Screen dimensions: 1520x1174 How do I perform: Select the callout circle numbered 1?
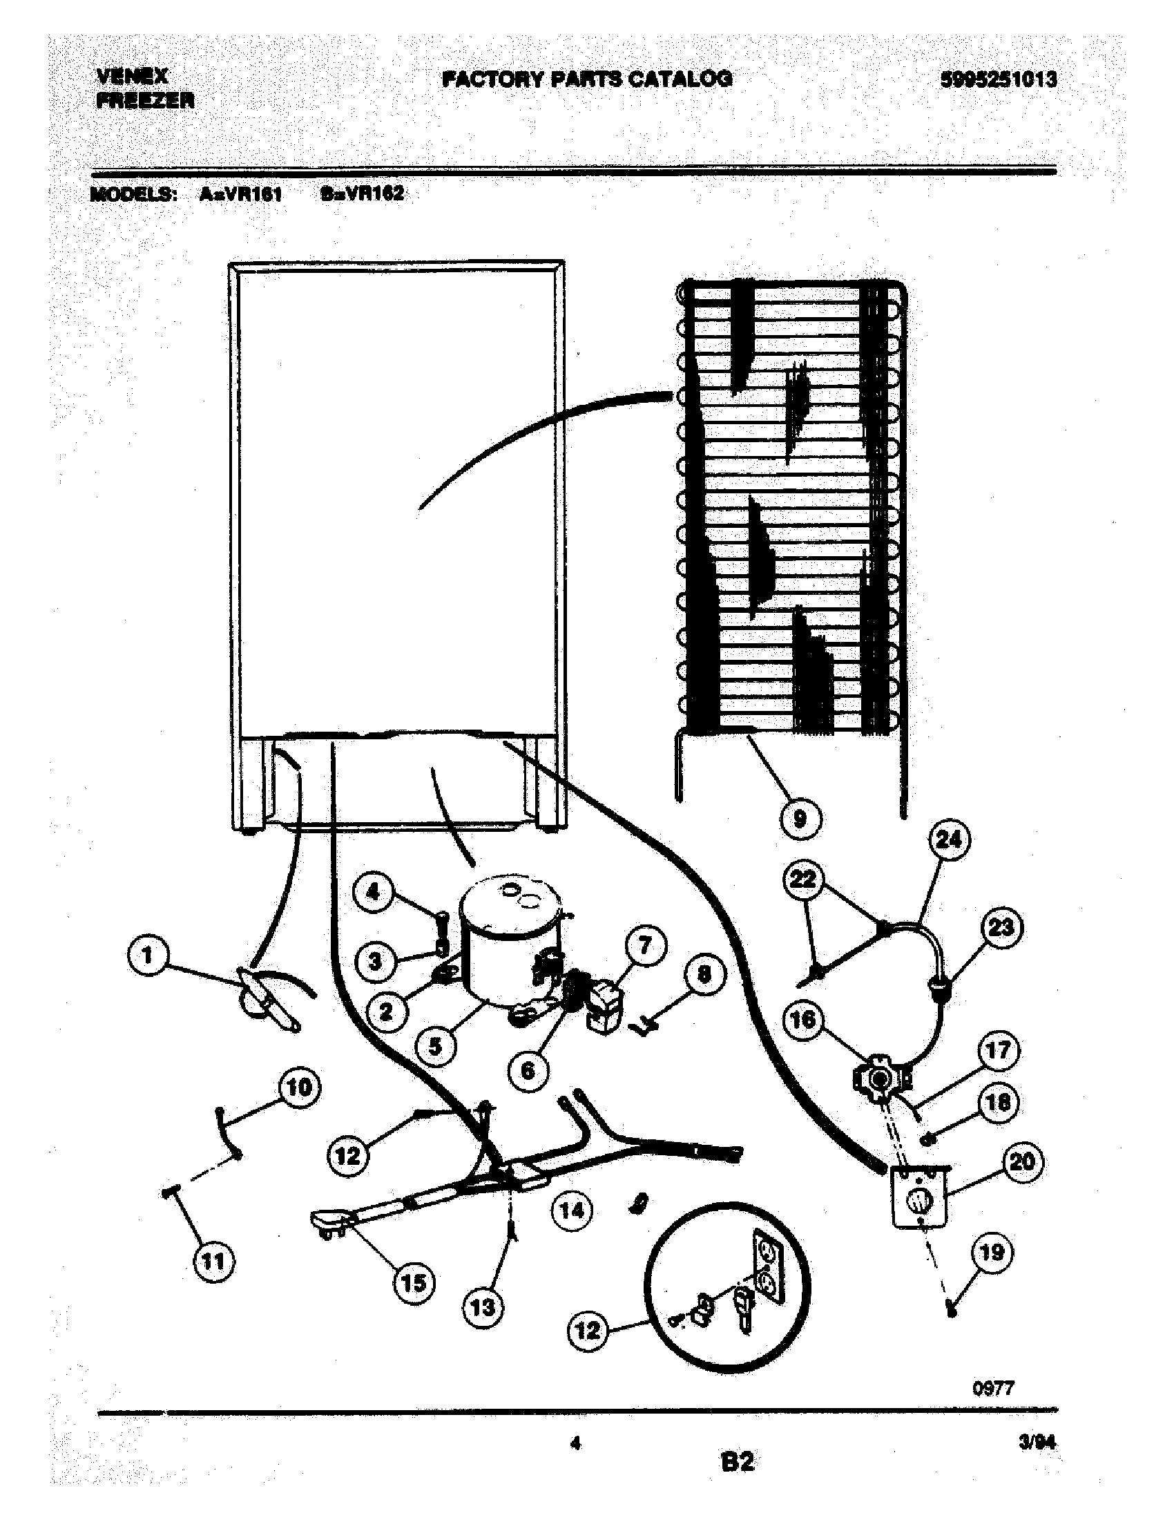click(148, 955)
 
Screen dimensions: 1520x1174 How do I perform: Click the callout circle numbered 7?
click(645, 946)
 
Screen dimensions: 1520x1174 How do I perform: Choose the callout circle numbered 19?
click(992, 1252)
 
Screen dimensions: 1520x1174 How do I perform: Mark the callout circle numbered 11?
click(213, 1261)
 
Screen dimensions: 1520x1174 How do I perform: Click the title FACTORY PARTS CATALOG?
click(588, 79)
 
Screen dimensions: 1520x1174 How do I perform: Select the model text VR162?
click(374, 193)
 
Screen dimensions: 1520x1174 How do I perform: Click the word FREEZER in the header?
click(144, 102)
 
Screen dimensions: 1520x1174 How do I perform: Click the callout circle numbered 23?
click(1001, 928)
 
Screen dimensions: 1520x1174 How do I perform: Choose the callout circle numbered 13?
click(483, 1307)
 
